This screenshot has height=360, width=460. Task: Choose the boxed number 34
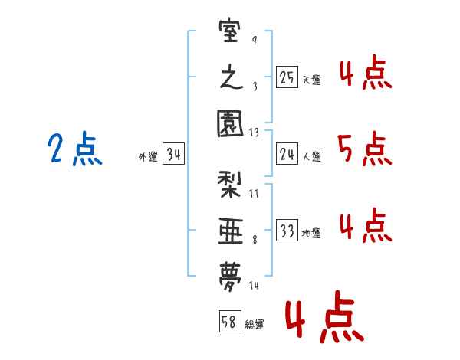coord(174,155)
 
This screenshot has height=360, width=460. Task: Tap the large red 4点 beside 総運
coord(324,321)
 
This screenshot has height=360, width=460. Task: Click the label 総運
coord(255,325)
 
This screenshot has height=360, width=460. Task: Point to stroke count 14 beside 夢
coord(254,285)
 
